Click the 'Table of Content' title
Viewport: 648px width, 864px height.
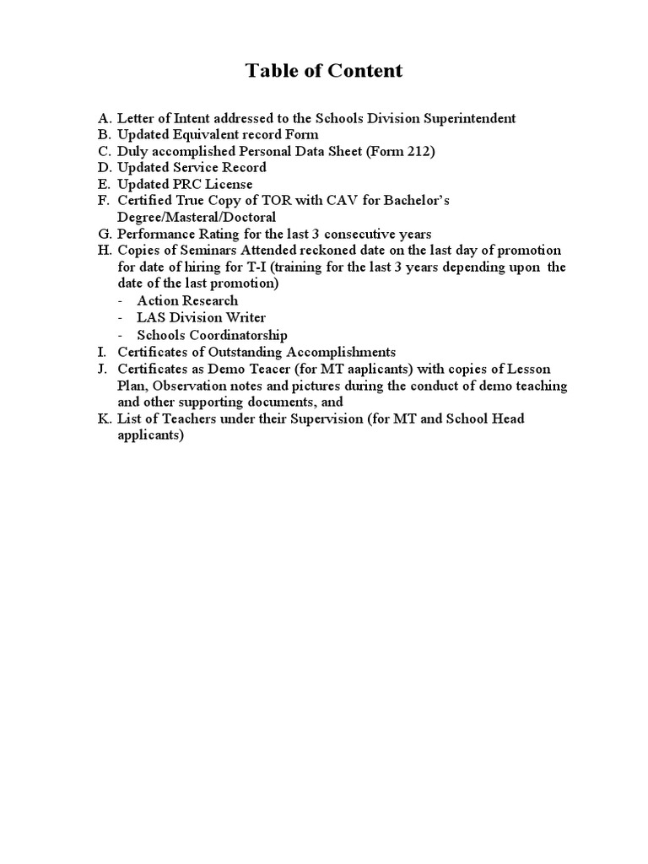point(324,71)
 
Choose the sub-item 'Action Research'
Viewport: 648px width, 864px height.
point(187,300)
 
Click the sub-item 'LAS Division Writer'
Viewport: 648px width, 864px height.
point(201,317)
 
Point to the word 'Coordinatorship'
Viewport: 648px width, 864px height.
point(239,335)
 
